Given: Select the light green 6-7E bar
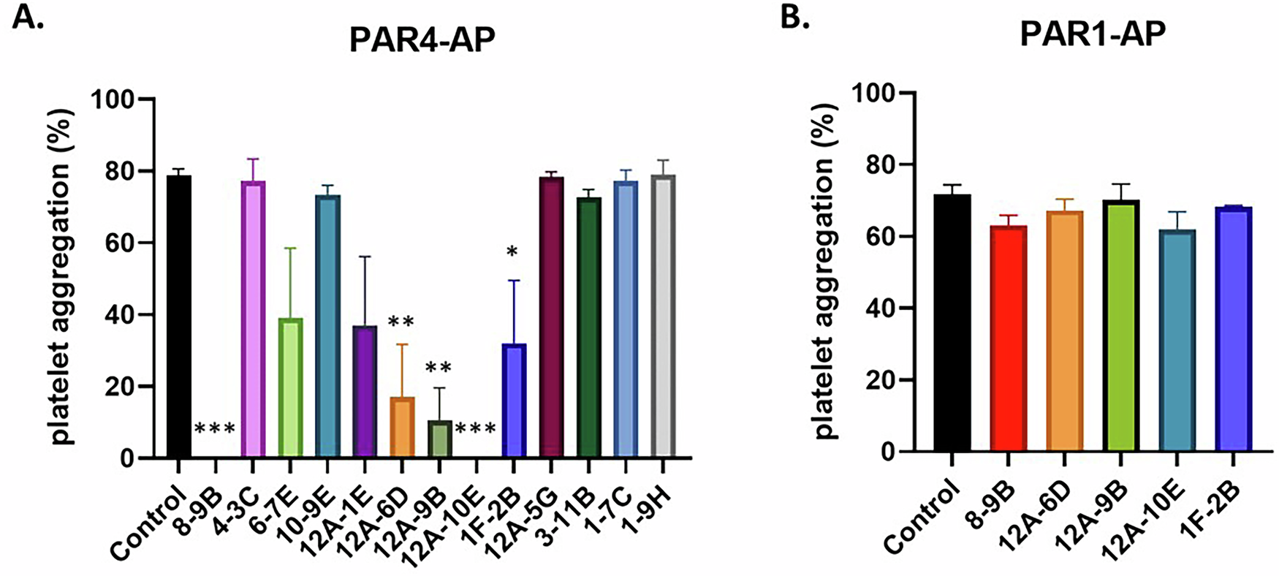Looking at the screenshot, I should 290,388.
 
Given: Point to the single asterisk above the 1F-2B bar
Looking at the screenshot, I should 512,252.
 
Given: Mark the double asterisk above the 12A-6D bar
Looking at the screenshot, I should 401,322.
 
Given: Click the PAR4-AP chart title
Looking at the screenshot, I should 422,41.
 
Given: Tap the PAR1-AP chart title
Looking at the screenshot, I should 1093,34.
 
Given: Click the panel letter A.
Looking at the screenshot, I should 29,16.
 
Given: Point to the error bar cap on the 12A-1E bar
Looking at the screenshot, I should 365,257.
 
